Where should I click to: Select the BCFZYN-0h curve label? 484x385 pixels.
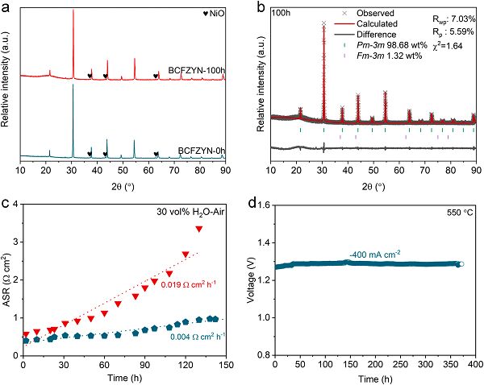point(197,148)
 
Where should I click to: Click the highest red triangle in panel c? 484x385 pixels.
point(199,230)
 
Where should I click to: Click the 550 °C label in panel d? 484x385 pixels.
point(459,213)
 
